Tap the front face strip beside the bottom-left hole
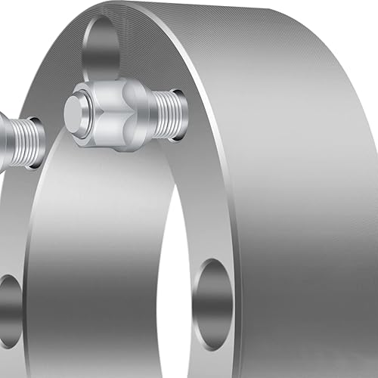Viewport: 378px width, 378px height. click(x=34, y=318)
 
